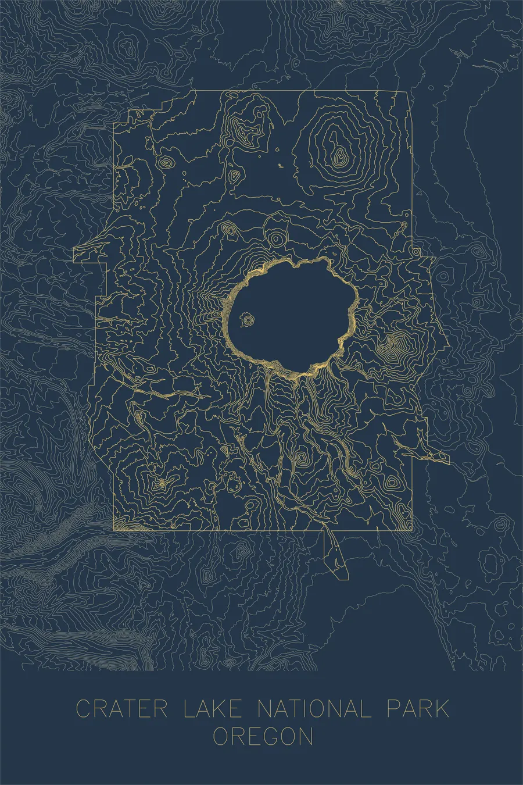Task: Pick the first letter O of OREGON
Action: tap(221, 737)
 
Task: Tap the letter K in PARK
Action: tap(441, 709)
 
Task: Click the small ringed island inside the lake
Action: tap(248, 319)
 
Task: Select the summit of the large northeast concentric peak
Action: tap(338, 155)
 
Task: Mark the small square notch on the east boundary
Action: tap(415, 251)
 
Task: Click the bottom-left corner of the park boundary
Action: tap(113, 530)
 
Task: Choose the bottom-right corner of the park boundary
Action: tap(413, 530)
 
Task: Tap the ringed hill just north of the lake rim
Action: tap(275, 238)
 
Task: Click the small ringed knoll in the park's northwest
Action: tap(167, 163)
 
